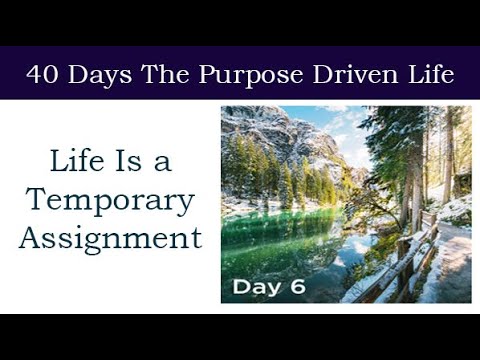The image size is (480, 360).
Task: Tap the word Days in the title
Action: coord(91,74)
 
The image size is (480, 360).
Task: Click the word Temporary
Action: coord(110,199)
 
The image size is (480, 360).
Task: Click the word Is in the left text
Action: coord(133,159)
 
